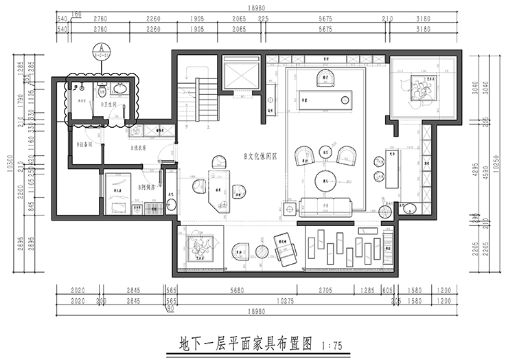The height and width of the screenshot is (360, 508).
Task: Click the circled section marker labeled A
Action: click(x=103, y=49)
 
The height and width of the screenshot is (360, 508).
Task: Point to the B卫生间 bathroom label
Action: click(x=110, y=105)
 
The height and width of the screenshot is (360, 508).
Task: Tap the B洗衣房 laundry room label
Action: click(x=140, y=147)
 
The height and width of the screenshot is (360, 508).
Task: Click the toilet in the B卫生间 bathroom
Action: click(x=101, y=89)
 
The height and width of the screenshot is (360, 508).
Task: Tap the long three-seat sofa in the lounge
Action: click(x=325, y=205)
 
